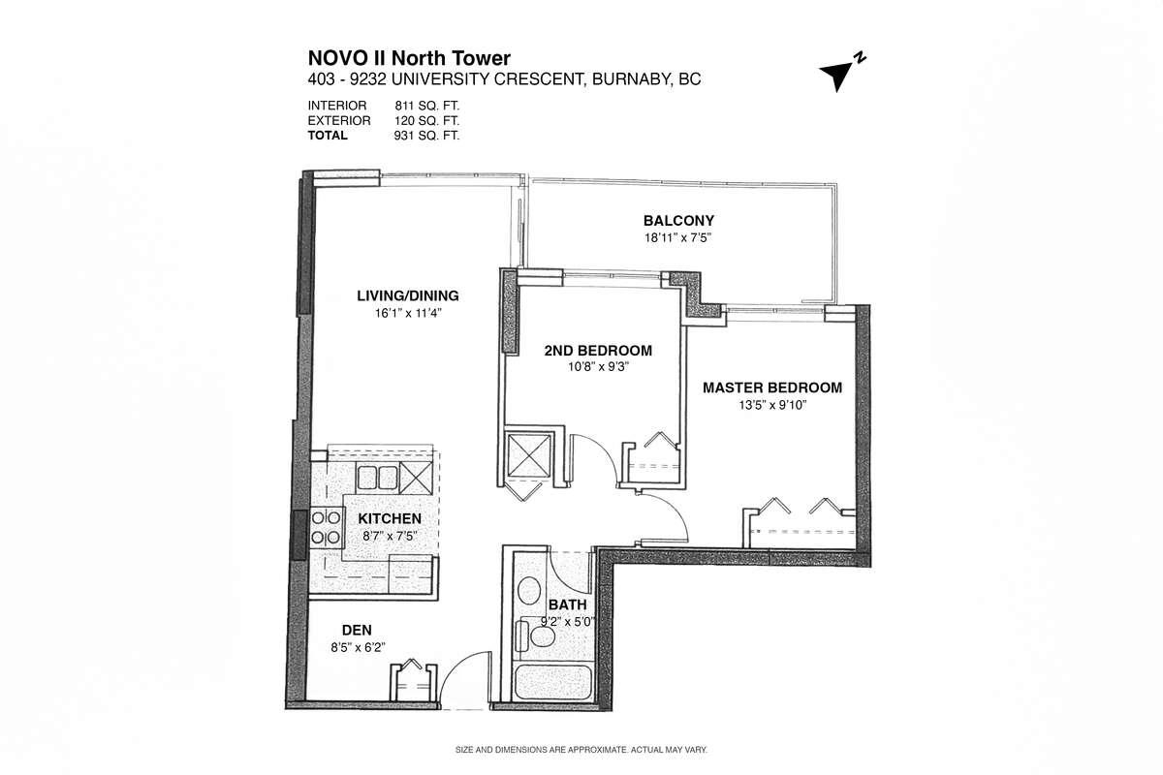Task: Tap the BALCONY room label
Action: click(x=678, y=221)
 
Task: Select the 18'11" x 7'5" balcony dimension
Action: click(x=677, y=237)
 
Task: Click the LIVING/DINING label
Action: click(x=408, y=295)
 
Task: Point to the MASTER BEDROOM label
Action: click(x=772, y=387)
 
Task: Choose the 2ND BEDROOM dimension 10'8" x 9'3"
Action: click(x=598, y=367)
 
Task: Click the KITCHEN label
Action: click(x=390, y=518)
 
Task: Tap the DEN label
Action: click(x=357, y=631)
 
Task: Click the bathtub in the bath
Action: click(x=552, y=682)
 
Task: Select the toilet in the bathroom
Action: click(x=536, y=635)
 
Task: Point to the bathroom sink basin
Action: click(x=529, y=590)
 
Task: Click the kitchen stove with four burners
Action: click(x=326, y=527)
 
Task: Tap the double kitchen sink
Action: click(x=377, y=478)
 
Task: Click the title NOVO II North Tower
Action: click(x=409, y=58)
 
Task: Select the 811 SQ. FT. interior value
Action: click(x=426, y=106)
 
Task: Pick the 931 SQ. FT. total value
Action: click(x=426, y=136)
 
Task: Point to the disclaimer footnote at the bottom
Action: click(x=581, y=750)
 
